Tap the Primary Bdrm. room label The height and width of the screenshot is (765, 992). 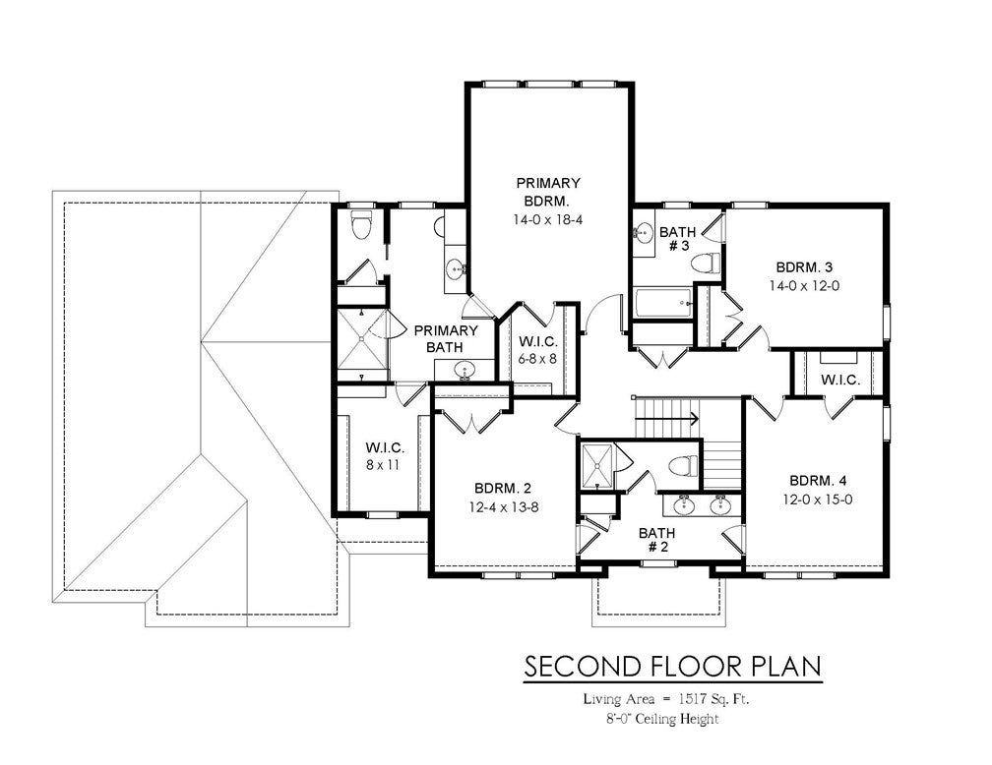[548, 192]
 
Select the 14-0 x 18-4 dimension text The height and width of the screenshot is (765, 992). [548, 220]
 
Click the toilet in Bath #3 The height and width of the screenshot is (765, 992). [706, 263]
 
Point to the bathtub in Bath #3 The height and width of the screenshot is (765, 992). [663, 305]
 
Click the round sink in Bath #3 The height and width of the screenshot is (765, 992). [643, 233]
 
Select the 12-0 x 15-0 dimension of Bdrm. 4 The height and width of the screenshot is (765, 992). [818, 499]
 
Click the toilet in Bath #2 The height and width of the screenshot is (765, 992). [683, 467]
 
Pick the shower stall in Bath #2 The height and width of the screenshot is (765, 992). [597, 467]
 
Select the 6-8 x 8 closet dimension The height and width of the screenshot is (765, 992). [537, 359]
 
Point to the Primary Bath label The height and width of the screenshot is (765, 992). [446, 339]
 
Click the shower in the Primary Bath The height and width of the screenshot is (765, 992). [361, 338]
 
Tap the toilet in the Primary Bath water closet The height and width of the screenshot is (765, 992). [360, 227]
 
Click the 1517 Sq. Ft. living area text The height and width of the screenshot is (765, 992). [714, 699]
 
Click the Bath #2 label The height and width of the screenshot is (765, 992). [656, 540]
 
